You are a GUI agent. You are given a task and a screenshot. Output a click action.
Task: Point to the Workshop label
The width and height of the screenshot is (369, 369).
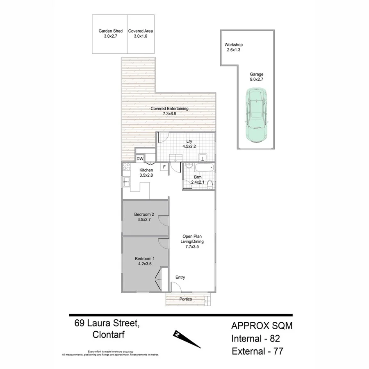click(234, 45)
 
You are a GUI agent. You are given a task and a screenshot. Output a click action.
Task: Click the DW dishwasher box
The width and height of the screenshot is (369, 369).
click(140, 159)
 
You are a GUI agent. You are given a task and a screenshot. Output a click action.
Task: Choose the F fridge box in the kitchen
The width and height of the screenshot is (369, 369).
click(164, 167)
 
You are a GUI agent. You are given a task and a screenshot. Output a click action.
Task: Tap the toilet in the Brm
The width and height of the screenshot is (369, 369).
click(210, 185)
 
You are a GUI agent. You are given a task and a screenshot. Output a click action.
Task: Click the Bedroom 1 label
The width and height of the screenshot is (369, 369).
click(145, 258)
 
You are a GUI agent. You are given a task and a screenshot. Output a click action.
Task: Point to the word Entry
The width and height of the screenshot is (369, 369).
click(180, 278)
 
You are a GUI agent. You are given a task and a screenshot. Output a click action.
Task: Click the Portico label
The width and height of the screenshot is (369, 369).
click(186, 299)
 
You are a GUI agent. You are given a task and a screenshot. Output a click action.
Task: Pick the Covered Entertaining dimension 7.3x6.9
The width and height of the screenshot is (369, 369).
click(169, 114)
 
